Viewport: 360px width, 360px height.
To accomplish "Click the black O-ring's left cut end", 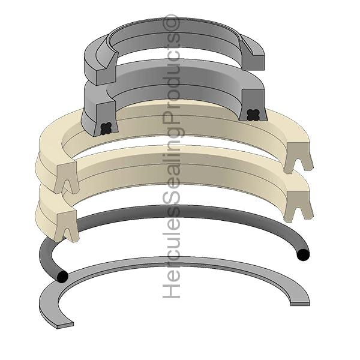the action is tap(62, 277).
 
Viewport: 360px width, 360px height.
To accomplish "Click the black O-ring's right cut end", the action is tap(303, 254).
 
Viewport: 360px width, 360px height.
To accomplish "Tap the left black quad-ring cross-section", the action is tap(106, 128).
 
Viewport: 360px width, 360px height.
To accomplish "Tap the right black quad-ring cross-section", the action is tap(253, 115).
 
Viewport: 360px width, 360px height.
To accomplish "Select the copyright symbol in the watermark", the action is tap(171, 23).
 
